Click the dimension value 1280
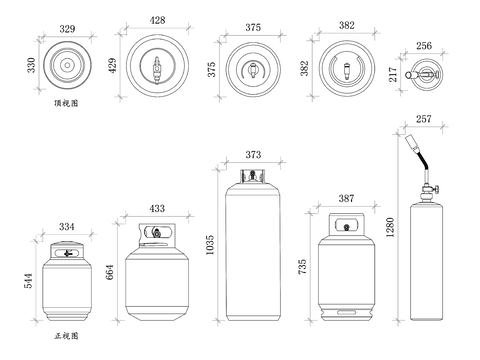pos(390,227)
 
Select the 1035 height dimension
pos(210,245)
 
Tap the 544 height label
pos(29,281)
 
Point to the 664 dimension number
pos(110,272)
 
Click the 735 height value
pos(302,267)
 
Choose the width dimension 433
pos(157,209)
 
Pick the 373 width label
pos(253,155)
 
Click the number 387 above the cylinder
pos(346,199)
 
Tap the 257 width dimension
pos(424,119)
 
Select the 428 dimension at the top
pos(157,20)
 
